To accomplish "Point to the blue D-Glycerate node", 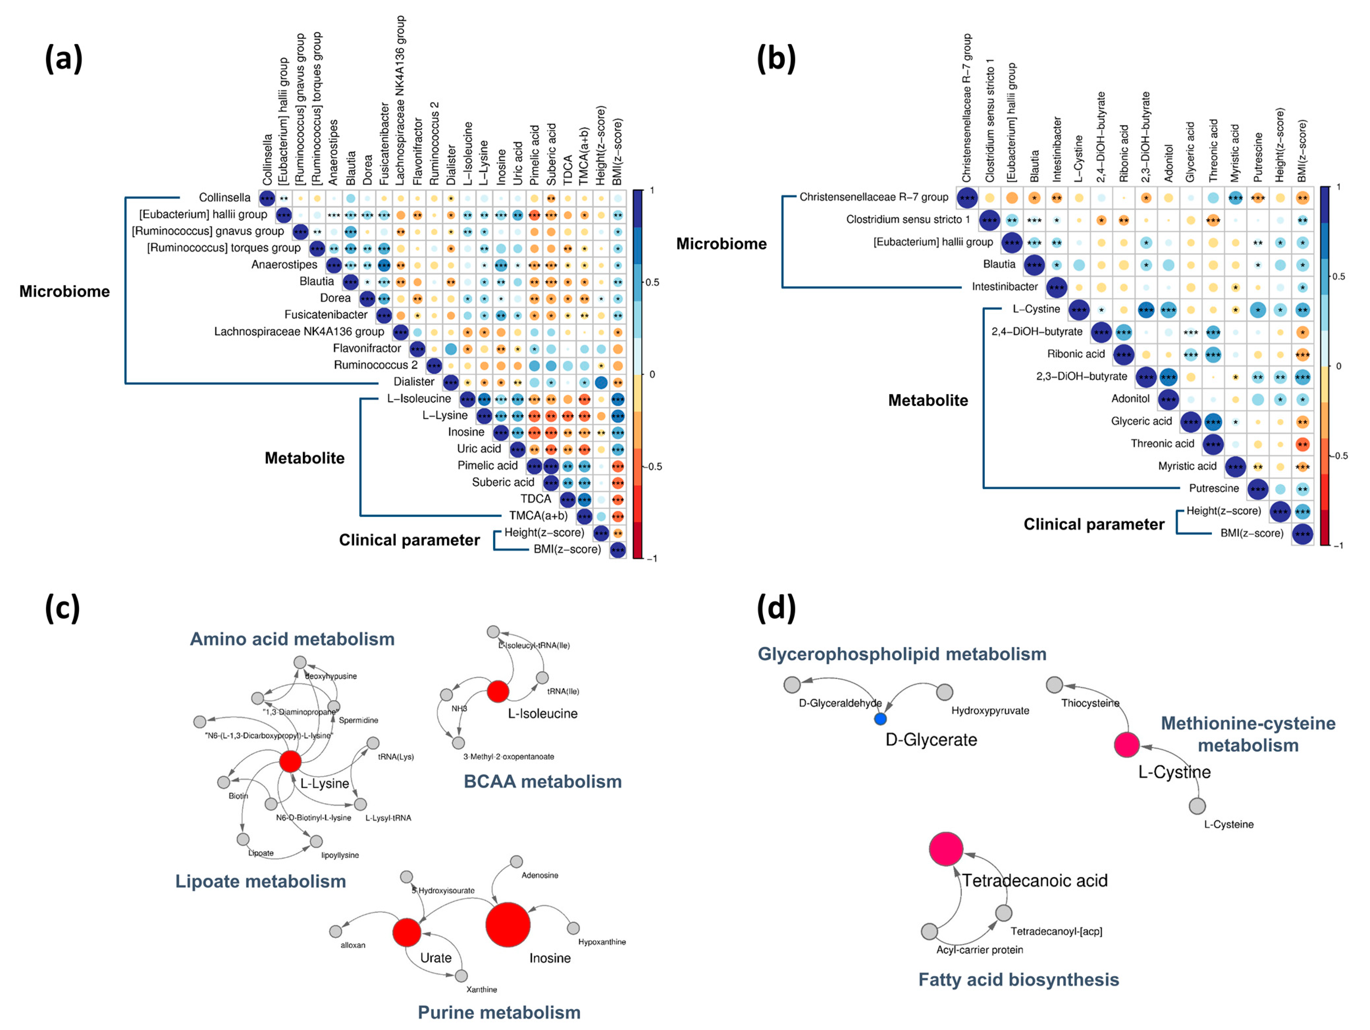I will tap(880, 719).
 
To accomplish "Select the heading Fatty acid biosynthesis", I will tap(1018, 979).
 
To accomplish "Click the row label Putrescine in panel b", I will tap(1213, 489).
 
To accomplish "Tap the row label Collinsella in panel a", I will tap(224, 197).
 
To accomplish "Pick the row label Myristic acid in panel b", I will tap(1187, 466).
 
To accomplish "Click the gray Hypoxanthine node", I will tap(573, 928).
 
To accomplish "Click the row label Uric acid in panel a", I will tap(478, 449).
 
